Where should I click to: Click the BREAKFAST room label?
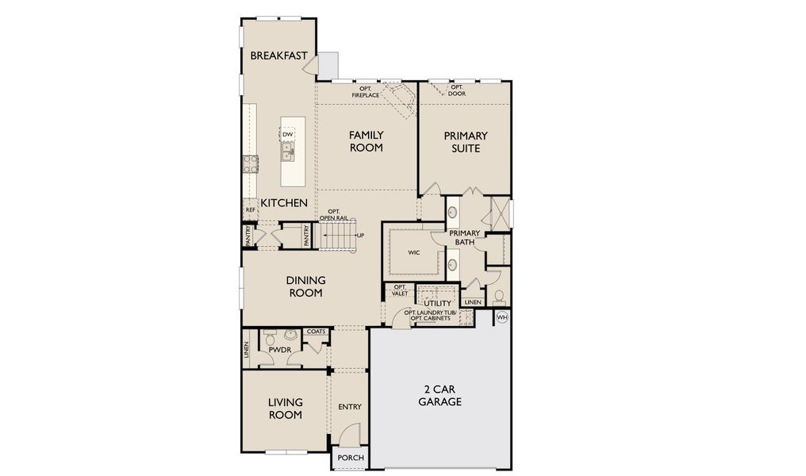click(278, 56)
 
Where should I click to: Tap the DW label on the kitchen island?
click(288, 135)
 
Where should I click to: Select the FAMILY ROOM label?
click(366, 141)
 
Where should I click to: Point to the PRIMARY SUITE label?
click(465, 142)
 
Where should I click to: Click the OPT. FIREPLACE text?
click(366, 92)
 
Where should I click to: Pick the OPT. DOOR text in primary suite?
click(457, 90)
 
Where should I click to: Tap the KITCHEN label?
click(284, 203)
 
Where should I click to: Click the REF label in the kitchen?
click(250, 210)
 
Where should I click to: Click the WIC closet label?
click(413, 253)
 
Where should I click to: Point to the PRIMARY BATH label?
click(465, 237)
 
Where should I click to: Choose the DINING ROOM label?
click(305, 286)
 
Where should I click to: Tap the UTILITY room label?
click(437, 303)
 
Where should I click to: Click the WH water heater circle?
click(501, 317)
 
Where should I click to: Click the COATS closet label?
click(316, 332)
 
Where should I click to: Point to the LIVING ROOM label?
click(285, 409)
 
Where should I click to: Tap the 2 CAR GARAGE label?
click(442, 395)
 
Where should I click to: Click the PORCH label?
click(350, 458)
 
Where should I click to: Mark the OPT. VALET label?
click(400, 290)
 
